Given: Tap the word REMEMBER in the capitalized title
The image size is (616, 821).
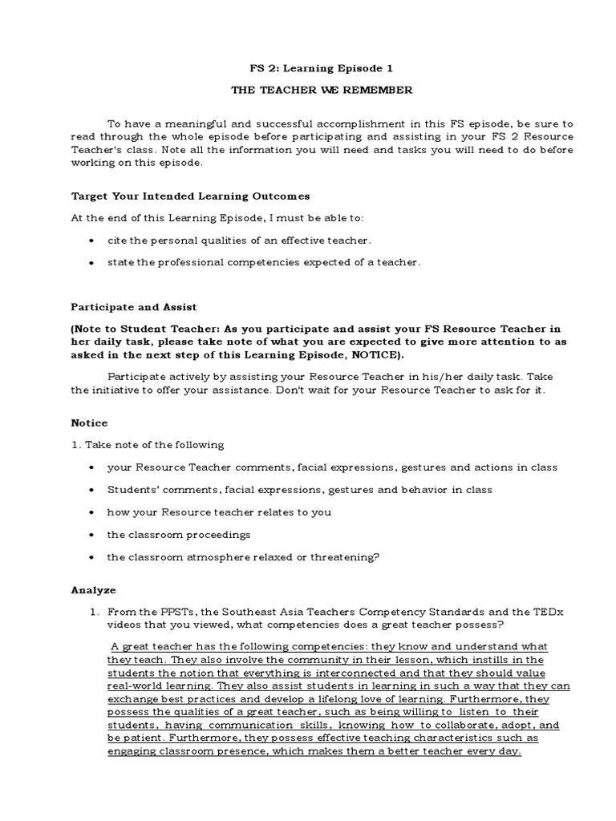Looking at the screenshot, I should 380,91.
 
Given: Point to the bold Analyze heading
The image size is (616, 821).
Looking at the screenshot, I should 94,589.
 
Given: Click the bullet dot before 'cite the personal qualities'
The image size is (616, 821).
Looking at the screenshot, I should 94,241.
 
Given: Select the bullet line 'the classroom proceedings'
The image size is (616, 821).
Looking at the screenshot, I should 179,534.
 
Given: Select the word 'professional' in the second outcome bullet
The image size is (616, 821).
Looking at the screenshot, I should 177,262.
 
